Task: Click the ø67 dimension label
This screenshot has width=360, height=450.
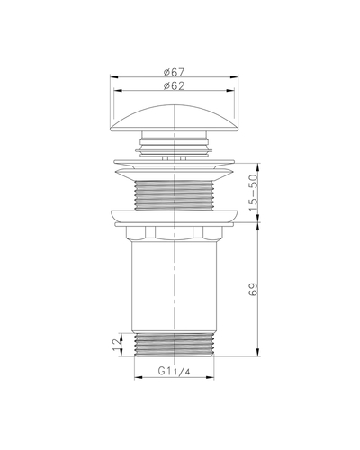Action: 175,72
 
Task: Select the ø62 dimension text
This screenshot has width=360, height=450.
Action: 175,86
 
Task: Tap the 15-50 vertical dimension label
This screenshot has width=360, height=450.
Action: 254,193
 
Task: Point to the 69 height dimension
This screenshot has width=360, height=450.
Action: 254,289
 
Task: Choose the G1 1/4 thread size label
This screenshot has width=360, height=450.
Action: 175,371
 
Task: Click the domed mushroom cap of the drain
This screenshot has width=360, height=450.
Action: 175,118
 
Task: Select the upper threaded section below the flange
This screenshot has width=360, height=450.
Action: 175,195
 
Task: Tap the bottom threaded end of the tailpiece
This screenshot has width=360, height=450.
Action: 175,345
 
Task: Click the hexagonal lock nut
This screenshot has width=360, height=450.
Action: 175,233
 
